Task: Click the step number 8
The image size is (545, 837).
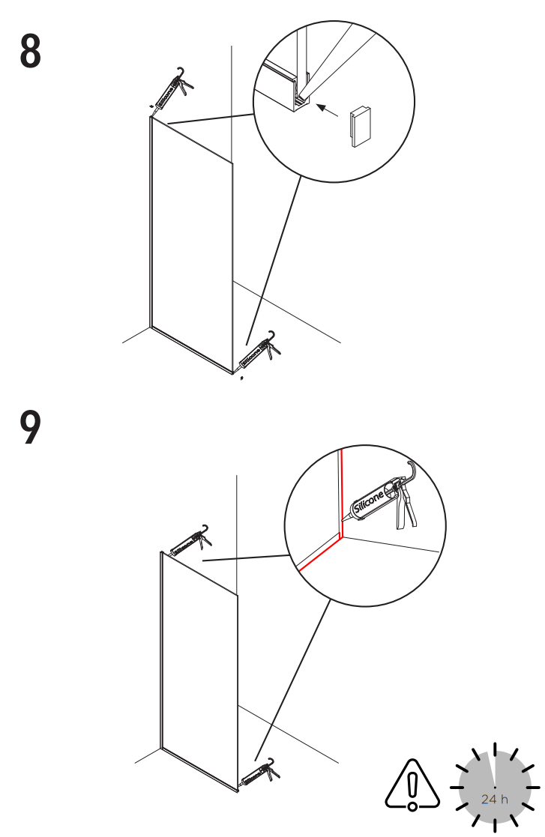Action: click(30, 51)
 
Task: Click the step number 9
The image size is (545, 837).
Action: click(30, 429)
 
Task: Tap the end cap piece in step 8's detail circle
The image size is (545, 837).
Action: click(360, 123)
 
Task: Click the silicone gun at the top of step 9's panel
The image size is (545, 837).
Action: click(187, 542)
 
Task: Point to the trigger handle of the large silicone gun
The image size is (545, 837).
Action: click(406, 510)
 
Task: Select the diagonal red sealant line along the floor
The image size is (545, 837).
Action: click(319, 554)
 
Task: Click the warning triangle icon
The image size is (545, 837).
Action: click(412, 786)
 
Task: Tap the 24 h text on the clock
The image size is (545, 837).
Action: click(494, 799)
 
